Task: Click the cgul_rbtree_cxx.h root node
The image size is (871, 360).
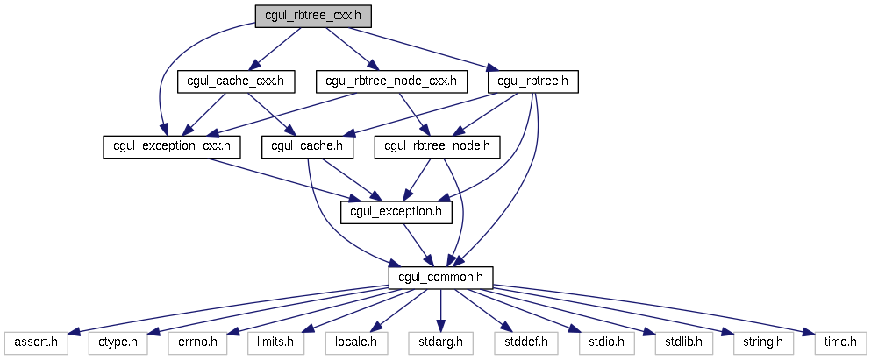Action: pyautogui.click(x=313, y=16)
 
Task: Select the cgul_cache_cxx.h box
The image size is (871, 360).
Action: pyautogui.click(x=236, y=81)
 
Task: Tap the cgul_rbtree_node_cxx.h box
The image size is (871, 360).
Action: pyautogui.click(x=391, y=81)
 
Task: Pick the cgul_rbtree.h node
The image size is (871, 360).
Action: pyautogui.click(x=532, y=81)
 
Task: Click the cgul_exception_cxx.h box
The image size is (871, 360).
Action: pyautogui.click(x=172, y=147)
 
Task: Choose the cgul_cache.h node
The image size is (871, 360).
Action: pyautogui.click(x=308, y=147)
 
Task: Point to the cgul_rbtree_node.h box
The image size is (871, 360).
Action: pyautogui.click(x=437, y=147)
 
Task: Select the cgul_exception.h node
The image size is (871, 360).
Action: pyautogui.click(x=396, y=213)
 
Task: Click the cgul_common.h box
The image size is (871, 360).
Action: pyautogui.click(x=440, y=278)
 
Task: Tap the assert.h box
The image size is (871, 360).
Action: pyautogui.click(x=36, y=343)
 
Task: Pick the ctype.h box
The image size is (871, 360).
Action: pyautogui.click(x=118, y=343)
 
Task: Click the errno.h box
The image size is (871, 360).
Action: pyautogui.click(x=197, y=343)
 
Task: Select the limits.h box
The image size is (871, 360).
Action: pyautogui.click(x=275, y=343)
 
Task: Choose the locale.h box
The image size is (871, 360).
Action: pyautogui.click(x=356, y=343)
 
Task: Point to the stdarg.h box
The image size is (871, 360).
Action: pyautogui.click(x=440, y=343)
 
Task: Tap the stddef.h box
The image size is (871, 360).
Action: pyautogui.click(x=525, y=343)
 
